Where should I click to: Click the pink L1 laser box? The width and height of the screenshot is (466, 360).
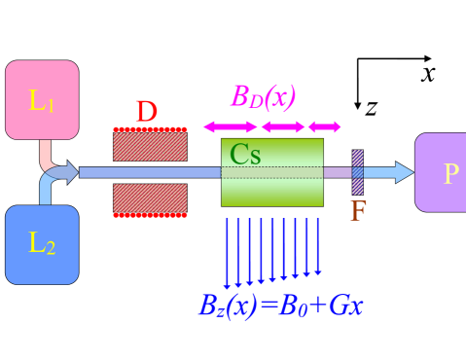42,100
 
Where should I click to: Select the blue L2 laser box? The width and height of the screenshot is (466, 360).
42,244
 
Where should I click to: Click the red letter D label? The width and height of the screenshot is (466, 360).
146,113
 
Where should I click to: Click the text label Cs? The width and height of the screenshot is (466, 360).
245,154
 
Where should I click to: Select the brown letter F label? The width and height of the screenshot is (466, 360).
357,211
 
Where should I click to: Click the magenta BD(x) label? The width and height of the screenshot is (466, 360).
263,97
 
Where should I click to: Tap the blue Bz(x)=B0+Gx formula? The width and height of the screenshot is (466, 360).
280,306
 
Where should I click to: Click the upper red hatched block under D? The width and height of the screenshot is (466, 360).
150,145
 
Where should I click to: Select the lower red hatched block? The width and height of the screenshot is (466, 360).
150,199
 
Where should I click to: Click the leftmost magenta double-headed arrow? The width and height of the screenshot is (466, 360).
231,126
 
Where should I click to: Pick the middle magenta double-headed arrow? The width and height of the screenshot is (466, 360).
283,126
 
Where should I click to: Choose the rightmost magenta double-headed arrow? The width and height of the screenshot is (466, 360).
324,126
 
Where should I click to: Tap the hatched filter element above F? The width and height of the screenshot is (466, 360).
357,172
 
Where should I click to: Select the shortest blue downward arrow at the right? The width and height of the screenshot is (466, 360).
317,246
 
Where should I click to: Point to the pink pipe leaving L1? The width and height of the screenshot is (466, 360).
45,154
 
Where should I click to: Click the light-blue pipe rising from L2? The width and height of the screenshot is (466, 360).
45,190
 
